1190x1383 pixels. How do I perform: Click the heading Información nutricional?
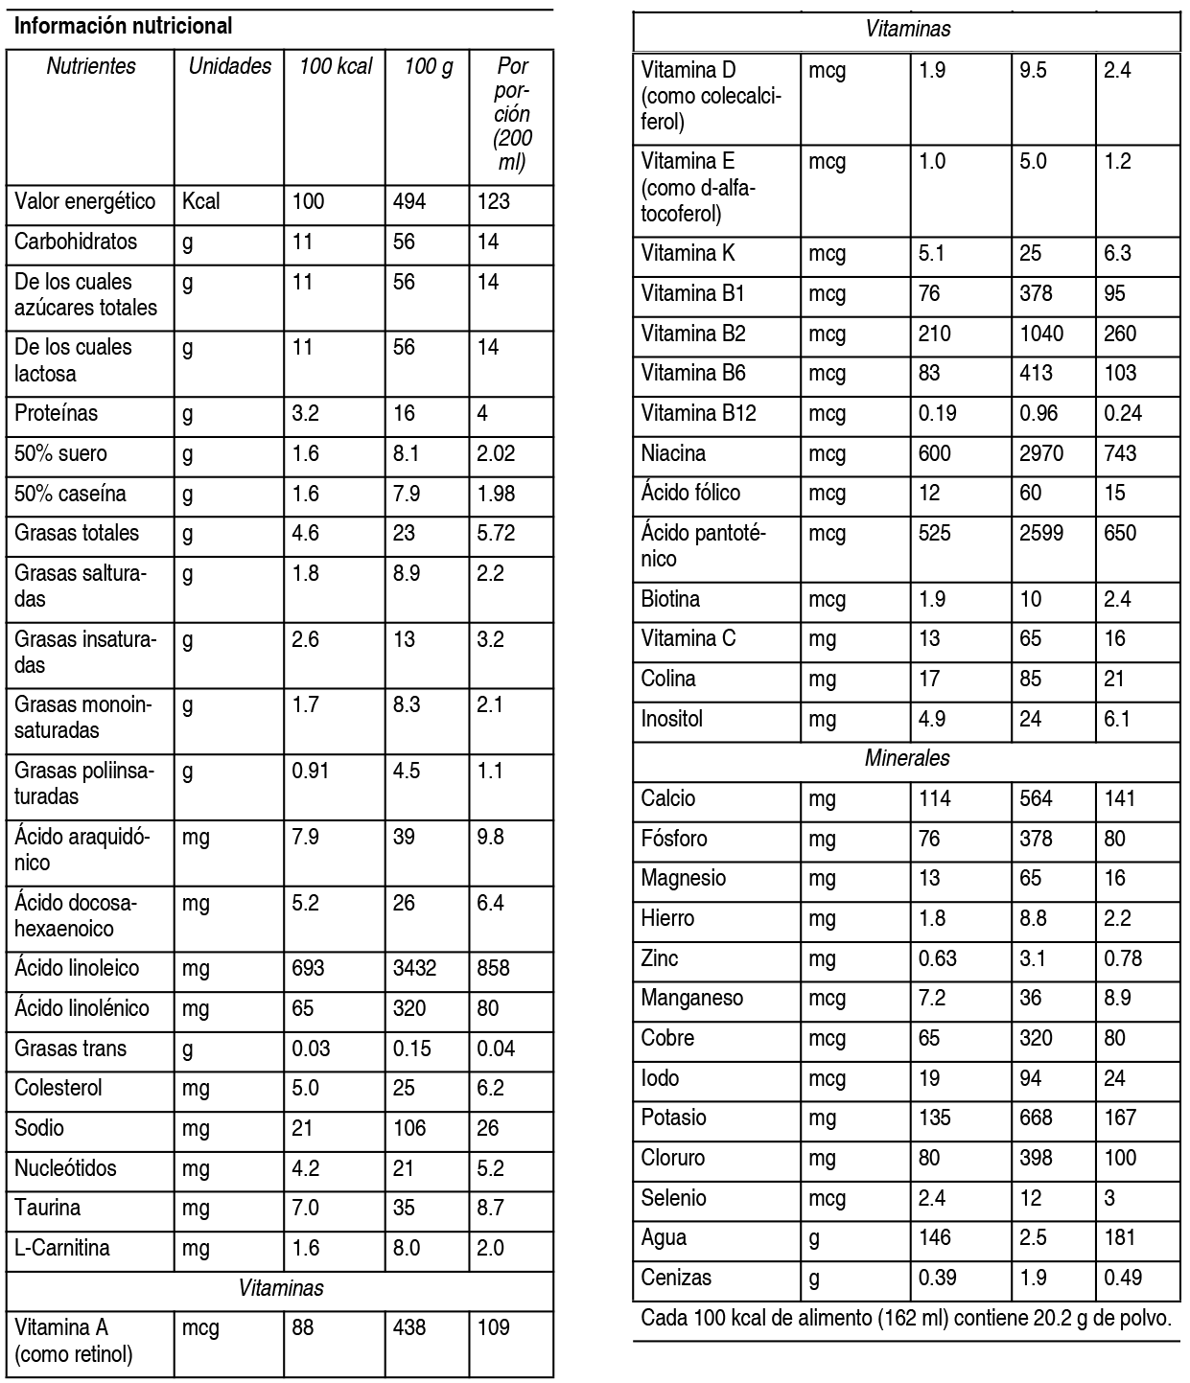(x=124, y=26)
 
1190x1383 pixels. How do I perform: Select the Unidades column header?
(x=229, y=66)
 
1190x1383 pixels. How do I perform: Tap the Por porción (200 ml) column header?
(x=512, y=114)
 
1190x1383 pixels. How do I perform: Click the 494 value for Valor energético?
(x=409, y=201)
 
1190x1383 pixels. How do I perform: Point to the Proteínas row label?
(x=56, y=413)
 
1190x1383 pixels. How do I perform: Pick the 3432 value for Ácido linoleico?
(x=414, y=968)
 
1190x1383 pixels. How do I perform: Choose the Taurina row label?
(x=48, y=1208)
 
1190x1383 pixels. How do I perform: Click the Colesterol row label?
(x=58, y=1088)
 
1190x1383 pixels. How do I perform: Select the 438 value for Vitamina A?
(x=409, y=1327)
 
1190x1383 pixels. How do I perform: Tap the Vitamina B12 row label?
(x=698, y=413)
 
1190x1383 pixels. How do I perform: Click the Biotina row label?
(x=670, y=599)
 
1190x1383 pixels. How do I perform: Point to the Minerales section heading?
(x=907, y=758)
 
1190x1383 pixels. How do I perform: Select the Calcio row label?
(x=668, y=798)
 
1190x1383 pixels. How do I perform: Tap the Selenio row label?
(x=673, y=1197)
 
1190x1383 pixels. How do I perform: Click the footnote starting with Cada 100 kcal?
(x=906, y=1318)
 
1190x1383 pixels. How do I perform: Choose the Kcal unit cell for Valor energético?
(x=200, y=201)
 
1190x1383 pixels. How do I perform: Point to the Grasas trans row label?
(x=70, y=1049)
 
